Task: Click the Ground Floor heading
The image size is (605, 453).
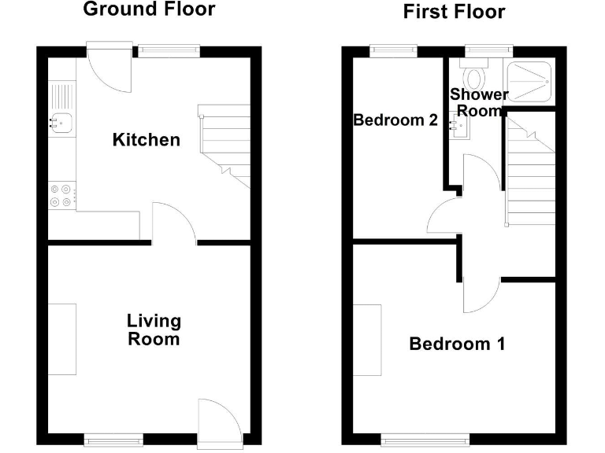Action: pyautogui.click(x=148, y=10)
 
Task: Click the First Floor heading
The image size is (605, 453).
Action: pyautogui.click(x=454, y=12)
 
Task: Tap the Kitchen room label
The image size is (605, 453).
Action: pyautogui.click(x=147, y=141)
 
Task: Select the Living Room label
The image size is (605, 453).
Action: pyautogui.click(x=154, y=330)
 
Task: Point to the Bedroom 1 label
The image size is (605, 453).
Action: pyautogui.click(x=457, y=344)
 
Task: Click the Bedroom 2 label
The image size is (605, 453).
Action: pyautogui.click(x=395, y=120)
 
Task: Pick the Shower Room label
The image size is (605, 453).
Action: pyautogui.click(x=479, y=103)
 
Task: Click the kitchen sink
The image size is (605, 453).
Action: pyautogui.click(x=61, y=121)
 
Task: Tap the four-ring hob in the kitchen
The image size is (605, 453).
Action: pyautogui.click(x=62, y=194)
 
